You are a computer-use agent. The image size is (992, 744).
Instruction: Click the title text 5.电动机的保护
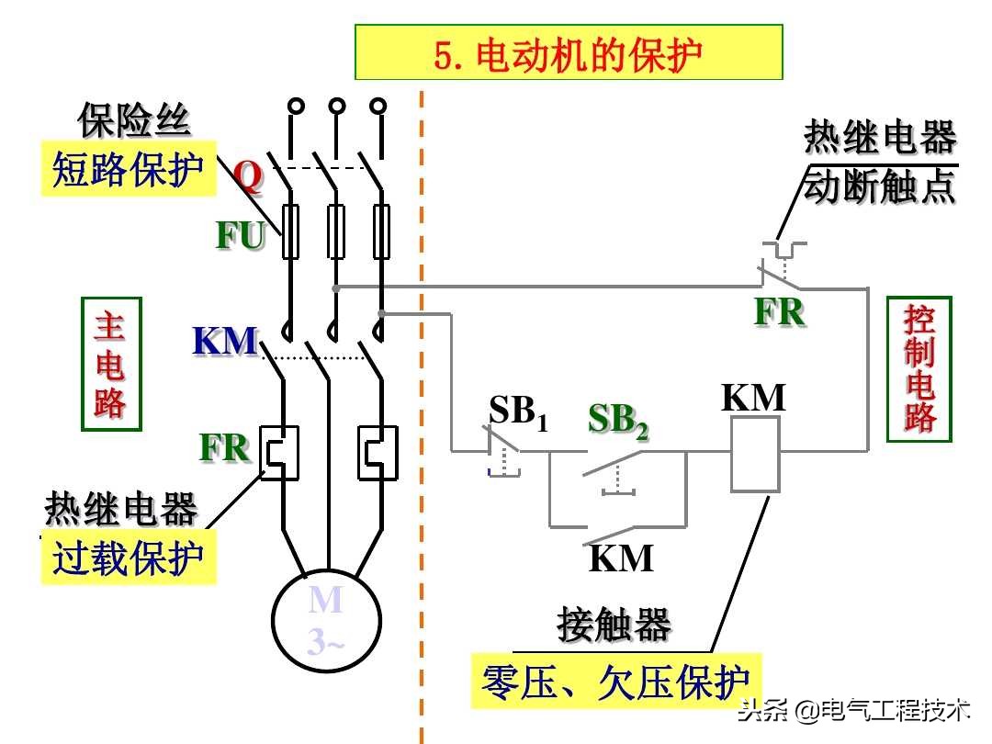[569, 54]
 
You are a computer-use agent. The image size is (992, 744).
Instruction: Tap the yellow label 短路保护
[128, 170]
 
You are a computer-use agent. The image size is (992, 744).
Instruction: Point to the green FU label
[240, 236]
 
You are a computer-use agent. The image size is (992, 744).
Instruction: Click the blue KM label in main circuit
[224, 342]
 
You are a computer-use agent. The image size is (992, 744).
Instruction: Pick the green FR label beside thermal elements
[224, 447]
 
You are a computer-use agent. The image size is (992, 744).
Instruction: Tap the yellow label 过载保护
[128, 558]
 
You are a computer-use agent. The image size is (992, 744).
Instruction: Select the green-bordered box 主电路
[111, 364]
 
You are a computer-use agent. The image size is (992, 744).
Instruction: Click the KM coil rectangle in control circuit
[755, 454]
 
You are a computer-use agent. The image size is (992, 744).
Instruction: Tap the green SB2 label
[618, 420]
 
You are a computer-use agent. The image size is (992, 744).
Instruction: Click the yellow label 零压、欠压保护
[615, 682]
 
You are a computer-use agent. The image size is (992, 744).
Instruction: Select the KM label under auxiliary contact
[621, 558]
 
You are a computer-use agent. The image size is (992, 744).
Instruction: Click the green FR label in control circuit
[779, 312]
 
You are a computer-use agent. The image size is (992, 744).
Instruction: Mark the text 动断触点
[879, 186]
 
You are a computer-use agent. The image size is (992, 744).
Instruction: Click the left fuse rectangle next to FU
[289, 232]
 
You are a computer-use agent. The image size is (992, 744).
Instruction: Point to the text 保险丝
[134, 120]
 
